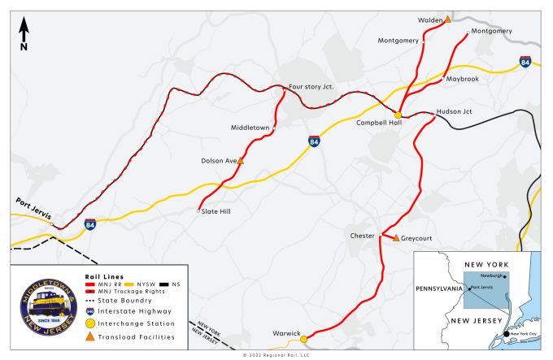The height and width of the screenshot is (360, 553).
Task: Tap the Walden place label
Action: (429, 20)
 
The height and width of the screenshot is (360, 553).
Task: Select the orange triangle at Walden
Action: (447, 18)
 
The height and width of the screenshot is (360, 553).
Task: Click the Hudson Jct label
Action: (454, 111)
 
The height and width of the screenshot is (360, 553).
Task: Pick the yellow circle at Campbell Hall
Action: (398, 115)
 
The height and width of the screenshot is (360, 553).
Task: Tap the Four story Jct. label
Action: (311, 85)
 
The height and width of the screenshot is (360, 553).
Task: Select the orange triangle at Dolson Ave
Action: (240, 161)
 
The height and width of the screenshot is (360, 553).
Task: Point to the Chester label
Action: (362, 236)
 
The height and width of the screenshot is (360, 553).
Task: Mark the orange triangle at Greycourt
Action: (396, 238)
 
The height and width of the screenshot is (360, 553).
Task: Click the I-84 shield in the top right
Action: (526, 62)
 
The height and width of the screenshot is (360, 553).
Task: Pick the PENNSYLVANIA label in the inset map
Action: (439, 288)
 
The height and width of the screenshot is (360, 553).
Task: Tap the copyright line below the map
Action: (276, 355)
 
